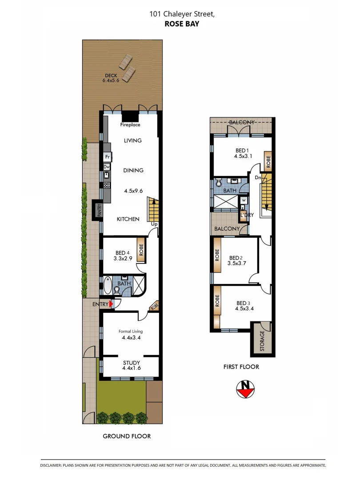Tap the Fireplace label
130,125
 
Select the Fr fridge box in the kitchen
107,156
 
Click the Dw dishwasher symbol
107,167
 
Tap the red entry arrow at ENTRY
112,304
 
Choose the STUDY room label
131,363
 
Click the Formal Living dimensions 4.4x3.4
131,338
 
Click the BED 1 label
242,150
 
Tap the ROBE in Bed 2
217,260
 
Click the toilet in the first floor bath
219,183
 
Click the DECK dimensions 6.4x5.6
111,80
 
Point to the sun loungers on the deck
127,68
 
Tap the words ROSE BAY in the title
182,24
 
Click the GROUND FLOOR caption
127,436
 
